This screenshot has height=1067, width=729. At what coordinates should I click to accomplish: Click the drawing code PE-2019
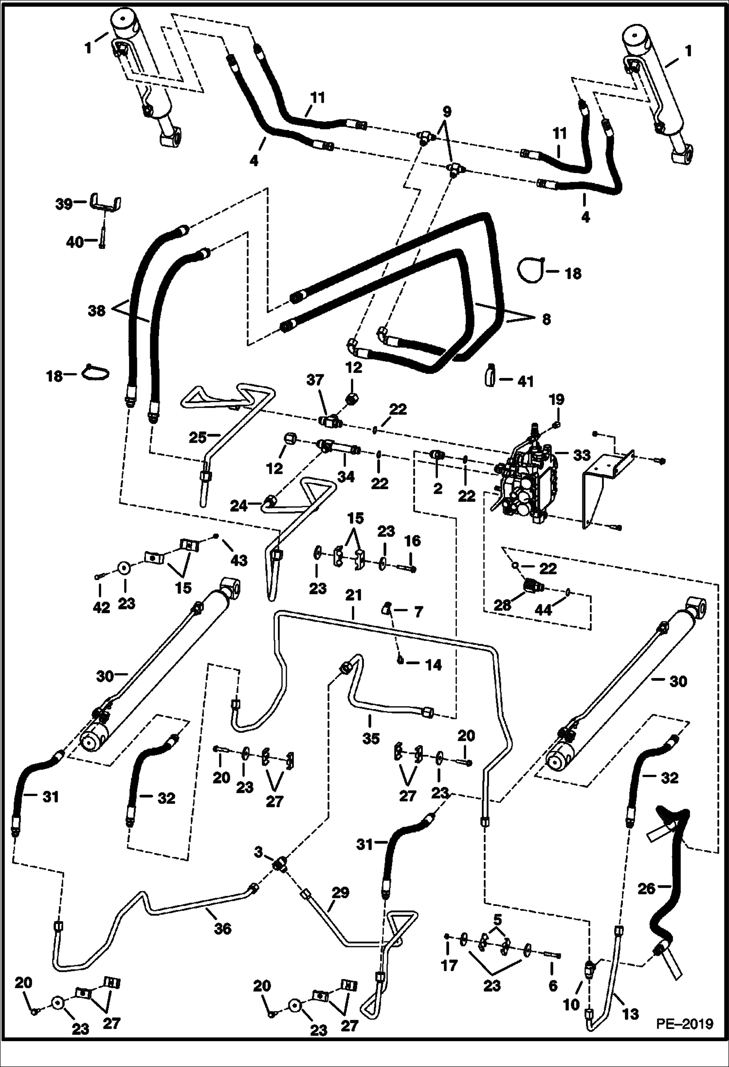coord(683,1038)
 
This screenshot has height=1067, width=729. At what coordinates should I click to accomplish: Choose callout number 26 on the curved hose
coord(647,889)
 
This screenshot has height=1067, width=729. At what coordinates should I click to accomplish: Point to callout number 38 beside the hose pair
coord(96,310)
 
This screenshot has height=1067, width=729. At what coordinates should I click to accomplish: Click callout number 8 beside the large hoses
coord(546,320)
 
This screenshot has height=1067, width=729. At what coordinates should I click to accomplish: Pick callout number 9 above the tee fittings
coord(446,111)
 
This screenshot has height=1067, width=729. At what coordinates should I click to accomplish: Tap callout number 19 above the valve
coord(557,400)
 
